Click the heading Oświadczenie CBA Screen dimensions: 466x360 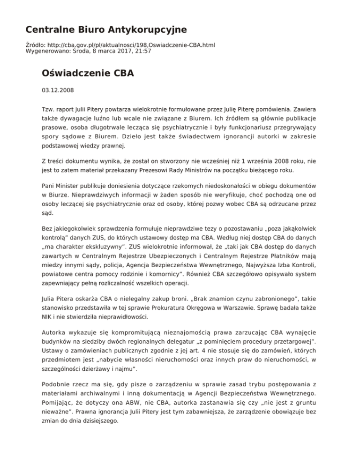88,74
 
